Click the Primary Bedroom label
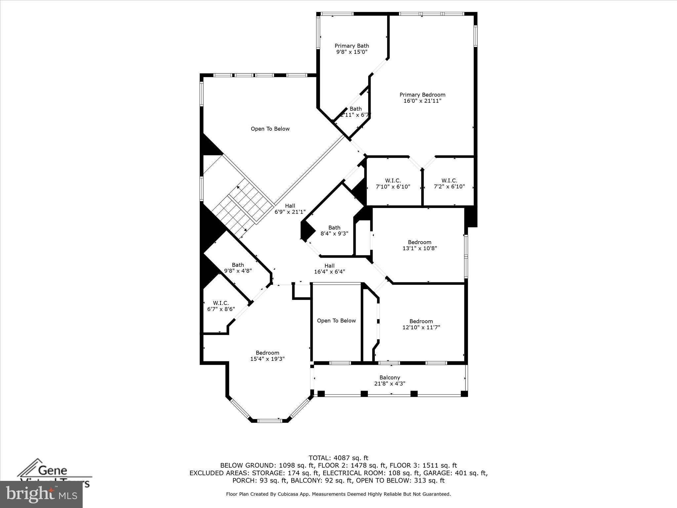click(x=422, y=95)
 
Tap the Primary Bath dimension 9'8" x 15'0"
click(x=352, y=52)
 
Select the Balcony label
click(x=389, y=378)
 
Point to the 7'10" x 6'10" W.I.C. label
click(x=393, y=184)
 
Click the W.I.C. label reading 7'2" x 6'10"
click(x=449, y=184)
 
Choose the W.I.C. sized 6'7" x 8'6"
click(x=220, y=306)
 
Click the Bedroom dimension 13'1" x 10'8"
click(x=419, y=248)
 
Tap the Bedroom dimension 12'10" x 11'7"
click(x=421, y=327)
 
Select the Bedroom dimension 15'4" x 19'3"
click(x=267, y=359)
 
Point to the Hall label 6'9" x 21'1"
click(x=290, y=209)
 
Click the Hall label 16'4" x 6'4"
click(x=329, y=269)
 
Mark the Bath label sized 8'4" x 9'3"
click(x=334, y=231)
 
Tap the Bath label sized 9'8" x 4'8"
click(x=238, y=268)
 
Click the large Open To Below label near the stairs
click(x=270, y=129)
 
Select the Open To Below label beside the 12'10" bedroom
click(x=336, y=321)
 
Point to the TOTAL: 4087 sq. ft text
click(x=338, y=458)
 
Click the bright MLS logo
click(x=41, y=494)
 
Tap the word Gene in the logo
click(x=53, y=470)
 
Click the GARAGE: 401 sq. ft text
click(x=461, y=473)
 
